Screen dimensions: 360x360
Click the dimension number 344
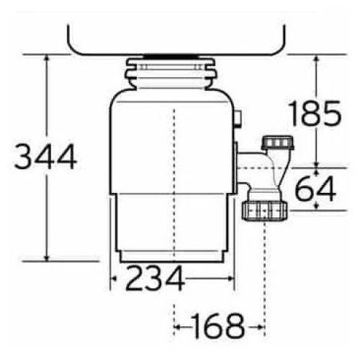[x=45, y=157]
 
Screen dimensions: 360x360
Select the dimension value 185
[x=315, y=113]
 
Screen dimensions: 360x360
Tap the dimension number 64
[x=315, y=189]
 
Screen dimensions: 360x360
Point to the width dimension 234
[x=156, y=279]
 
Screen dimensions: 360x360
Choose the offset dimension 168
[x=218, y=326]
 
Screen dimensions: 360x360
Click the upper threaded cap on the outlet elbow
[x=278, y=143]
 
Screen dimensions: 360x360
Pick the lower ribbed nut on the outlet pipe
[x=264, y=211]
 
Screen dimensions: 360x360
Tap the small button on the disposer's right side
[x=238, y=119]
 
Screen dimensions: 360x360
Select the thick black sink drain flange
[x=171, y=56]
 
